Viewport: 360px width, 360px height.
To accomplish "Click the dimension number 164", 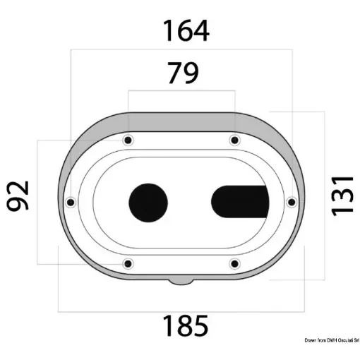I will coord(186,31).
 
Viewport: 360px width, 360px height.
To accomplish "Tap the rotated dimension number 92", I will coord(18,196).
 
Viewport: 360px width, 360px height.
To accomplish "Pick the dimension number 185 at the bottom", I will coord(186,325).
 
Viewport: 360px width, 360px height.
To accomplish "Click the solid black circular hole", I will coord(148,203).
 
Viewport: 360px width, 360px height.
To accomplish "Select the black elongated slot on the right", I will coord(240,203).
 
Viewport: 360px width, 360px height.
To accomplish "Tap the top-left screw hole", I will coord(128,140).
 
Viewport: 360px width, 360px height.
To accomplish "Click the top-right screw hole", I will coord(234,140).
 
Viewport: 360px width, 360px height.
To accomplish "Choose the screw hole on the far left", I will coord(70,203).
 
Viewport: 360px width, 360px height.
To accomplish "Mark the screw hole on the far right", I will coord(291,203).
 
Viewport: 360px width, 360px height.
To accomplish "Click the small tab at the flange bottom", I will coord(181,282).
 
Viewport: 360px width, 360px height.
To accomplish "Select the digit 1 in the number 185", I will coord(169,325).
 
